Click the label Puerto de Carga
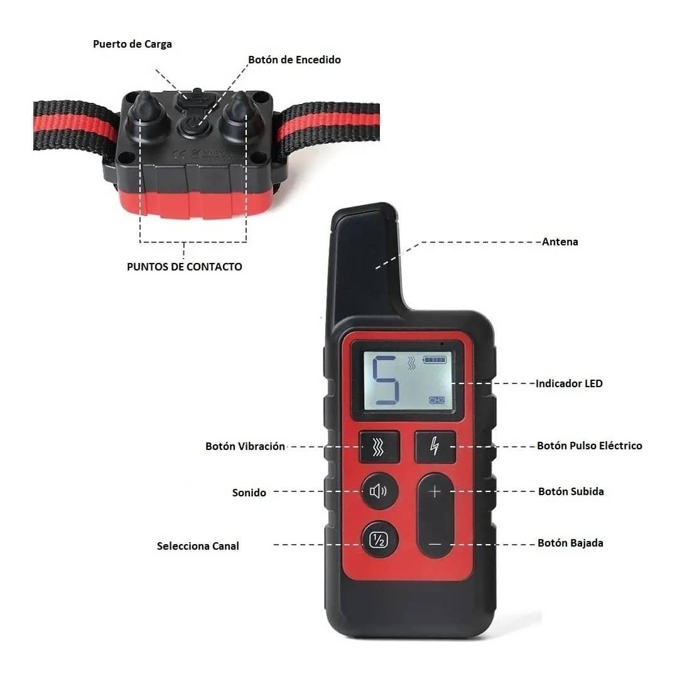tap(132, 45)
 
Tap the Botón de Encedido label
tap(294, 60)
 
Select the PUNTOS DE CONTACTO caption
tap(184, 267)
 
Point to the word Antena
tap(560, 242)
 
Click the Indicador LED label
tap(568, 383)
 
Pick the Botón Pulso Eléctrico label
tap(589, 446)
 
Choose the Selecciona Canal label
tap(198, 546)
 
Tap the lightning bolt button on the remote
tap(435, 446)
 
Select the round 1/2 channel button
tap(379, 540)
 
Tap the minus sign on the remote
tap(435, 543)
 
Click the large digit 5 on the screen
tap(386, 380)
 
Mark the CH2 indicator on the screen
tap(436, 400)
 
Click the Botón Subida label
tap(571, 491)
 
